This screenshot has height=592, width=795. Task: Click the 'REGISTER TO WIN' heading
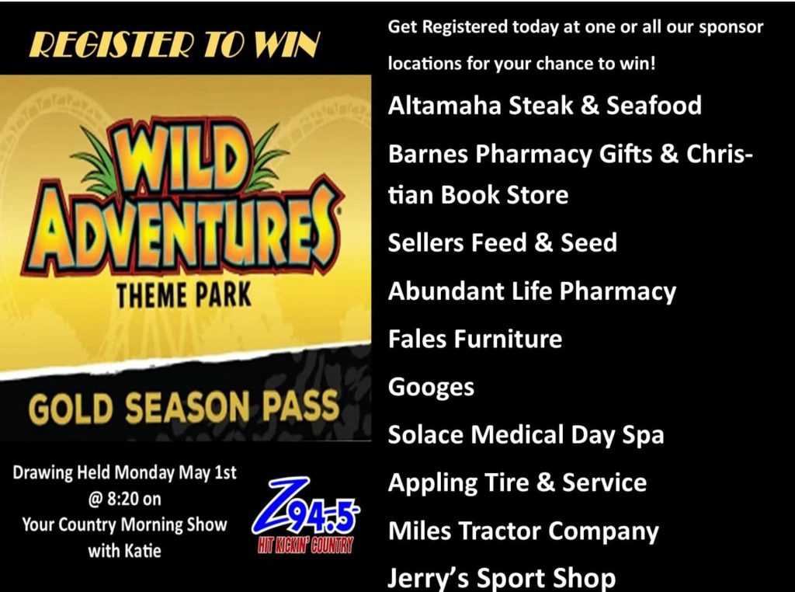click(175, 44)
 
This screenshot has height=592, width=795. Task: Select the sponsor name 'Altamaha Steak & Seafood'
click(544, 106)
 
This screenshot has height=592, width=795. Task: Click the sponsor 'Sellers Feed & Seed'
click(502, 242)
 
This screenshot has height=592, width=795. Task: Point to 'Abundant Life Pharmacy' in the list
click(532, 291)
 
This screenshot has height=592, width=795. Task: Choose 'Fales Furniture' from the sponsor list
click(475, 339)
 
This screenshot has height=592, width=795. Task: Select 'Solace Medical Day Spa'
click(526, 435)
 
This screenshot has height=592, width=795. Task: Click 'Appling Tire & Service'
click(517, 483)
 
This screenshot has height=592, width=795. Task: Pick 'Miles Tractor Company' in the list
click(523, 531)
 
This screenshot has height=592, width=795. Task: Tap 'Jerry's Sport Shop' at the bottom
click(502, 578)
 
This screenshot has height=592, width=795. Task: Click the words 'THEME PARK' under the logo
click(183, 295)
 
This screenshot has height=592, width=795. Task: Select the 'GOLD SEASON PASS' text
click(183, 407)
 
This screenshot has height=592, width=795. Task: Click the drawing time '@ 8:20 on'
click(124, 500)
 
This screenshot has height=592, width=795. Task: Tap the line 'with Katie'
click(124, 551)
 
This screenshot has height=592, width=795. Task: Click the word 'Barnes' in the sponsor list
click(428, 154)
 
